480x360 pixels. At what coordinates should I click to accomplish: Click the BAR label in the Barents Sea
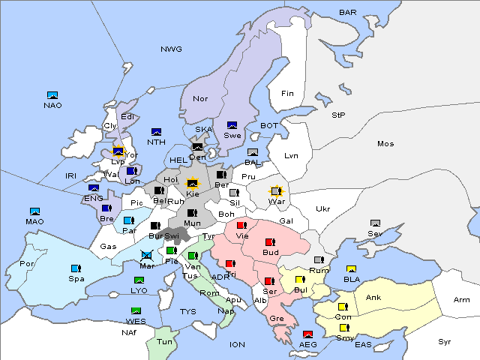tap(348, 12)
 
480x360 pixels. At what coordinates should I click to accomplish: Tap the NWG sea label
tap(171, 49)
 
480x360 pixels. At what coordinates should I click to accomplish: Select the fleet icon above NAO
tap(52, 95)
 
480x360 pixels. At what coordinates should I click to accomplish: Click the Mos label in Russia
tap(385, 143)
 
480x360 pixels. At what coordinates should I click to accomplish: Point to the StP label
tap(338, 115)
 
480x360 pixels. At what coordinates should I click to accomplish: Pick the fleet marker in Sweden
tap(232, 125)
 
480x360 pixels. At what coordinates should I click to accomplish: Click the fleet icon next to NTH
tap(157, 132)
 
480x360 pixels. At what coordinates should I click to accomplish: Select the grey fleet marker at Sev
tap(376, 223)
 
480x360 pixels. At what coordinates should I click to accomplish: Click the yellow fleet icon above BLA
tap(350, 269)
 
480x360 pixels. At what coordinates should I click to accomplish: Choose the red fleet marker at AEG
tap(307, 334)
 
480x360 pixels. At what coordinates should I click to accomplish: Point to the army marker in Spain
tap(75, 268)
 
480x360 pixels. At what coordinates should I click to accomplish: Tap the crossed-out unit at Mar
tap(147, 255)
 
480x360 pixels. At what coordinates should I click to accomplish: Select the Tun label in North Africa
tap(164, 340)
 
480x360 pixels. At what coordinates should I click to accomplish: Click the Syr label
tap(445, 341)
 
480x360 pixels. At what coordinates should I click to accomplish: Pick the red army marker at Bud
tap(269, 242)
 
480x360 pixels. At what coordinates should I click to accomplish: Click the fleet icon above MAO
tap(34, 211)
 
